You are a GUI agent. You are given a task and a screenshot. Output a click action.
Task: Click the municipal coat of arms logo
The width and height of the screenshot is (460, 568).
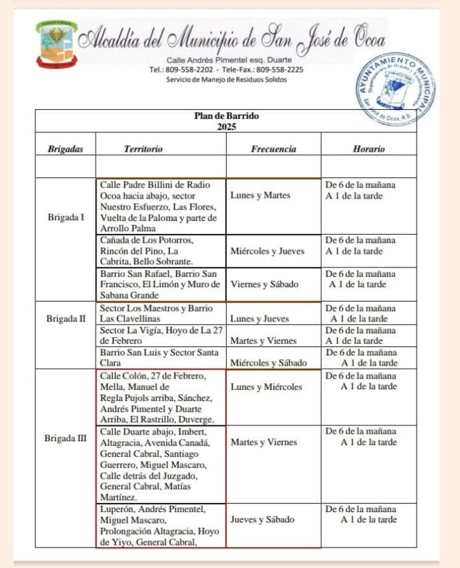(57, 45)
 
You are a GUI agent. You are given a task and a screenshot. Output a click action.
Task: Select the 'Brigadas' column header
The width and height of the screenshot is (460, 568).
(66, 149)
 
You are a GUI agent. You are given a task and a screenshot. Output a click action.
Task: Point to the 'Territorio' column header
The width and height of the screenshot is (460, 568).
(143, 149)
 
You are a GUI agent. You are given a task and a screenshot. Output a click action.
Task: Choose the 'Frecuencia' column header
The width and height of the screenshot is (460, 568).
(273, 149)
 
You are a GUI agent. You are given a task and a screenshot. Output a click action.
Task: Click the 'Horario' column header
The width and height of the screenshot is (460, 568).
(369, 149)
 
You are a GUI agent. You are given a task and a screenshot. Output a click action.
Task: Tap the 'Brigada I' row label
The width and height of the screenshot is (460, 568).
(66, 218)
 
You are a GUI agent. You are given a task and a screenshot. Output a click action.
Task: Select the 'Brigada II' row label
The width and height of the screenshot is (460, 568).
(66, 319)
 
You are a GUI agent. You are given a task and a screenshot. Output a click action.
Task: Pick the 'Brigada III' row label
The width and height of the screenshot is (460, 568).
(66, 437)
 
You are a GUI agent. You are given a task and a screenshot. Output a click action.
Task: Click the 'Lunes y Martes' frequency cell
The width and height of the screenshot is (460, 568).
(261, 196)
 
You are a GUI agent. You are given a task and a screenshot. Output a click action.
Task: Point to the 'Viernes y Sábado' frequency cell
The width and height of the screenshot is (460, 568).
(265, 285)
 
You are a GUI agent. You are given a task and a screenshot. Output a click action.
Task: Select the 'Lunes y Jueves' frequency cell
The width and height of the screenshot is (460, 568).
(260, 319)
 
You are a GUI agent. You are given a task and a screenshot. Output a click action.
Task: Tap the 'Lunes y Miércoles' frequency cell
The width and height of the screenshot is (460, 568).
(266, 387)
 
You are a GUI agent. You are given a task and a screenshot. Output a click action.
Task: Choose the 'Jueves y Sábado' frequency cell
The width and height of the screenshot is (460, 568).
(262, 520)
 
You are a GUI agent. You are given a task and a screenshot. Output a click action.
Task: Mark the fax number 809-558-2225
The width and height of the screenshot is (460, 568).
(279, 69)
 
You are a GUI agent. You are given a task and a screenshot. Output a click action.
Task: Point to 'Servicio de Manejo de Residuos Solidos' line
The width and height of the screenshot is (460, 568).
(226, 80)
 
